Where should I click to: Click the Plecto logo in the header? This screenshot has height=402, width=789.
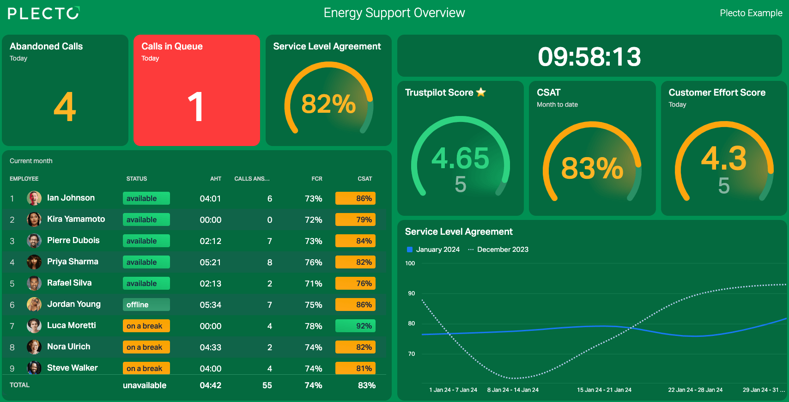(44, 13)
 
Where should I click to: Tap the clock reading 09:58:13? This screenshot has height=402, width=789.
(589, 56)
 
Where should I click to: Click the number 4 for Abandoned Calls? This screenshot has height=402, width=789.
(65, 106)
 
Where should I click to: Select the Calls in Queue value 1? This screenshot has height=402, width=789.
(195, 106)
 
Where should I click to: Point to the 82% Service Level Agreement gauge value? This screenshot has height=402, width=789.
(328, 104)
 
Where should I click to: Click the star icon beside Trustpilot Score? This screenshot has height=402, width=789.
(481, 92)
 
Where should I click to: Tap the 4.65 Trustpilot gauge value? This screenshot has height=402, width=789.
(461, 158)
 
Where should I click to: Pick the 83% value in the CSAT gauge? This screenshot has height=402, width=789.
(592, 168)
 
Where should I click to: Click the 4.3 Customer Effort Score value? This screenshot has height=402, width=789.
(724, 158)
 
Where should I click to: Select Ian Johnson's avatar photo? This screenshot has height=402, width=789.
(34, 198)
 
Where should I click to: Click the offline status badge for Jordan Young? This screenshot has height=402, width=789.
(146, 305)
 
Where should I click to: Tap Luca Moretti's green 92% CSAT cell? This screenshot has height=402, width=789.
(355, 326)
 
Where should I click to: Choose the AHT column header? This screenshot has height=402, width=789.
(216, 179)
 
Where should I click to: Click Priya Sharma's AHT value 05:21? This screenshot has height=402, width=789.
(210, 262)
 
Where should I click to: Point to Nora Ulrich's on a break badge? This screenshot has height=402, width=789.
(146, 347)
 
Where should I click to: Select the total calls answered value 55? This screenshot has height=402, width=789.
(267, 385)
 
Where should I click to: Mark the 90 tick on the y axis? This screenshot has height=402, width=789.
(411, 293)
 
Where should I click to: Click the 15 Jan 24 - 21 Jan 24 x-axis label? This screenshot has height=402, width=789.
(604, 390)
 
